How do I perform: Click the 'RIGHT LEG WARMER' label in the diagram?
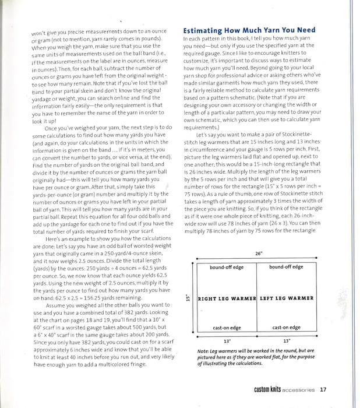pos(227,298)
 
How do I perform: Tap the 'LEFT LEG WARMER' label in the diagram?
pos(286,298)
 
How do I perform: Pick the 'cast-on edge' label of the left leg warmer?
pos(286,328)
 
